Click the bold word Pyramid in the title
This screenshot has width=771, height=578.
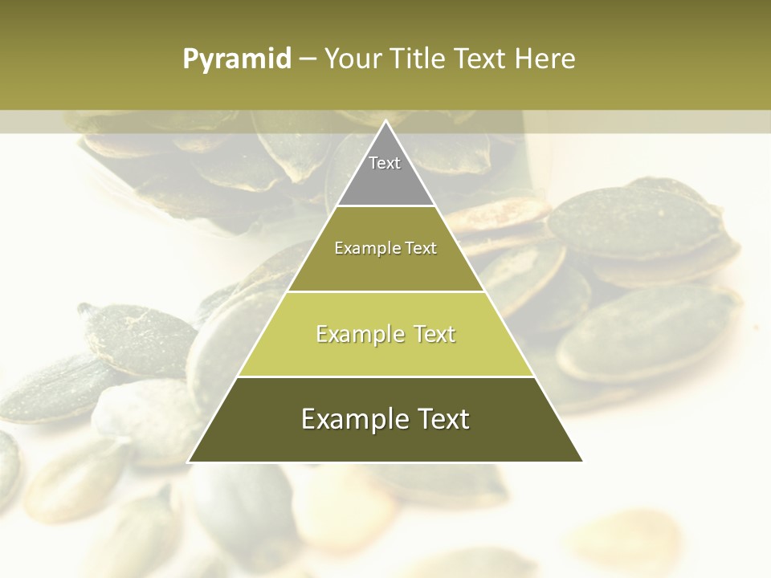click(236, 59)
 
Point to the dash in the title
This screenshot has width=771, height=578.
click(307, 59)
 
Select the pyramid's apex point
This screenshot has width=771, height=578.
click(385, 121)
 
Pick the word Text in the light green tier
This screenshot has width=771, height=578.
click(430, 334)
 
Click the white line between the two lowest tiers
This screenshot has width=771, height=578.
click(385, 377)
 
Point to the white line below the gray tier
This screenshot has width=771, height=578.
click(385, 206)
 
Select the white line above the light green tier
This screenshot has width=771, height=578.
click(385, 291)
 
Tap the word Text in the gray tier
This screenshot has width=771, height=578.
click(385, 163)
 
